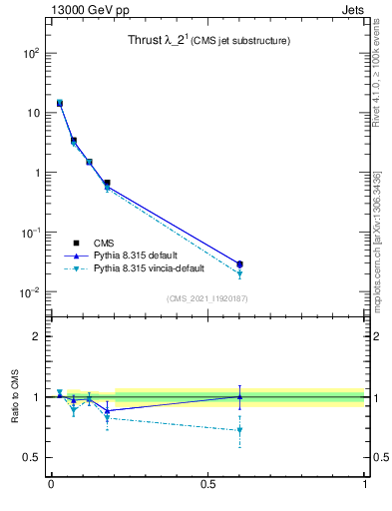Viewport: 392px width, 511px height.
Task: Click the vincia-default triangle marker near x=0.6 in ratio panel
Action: pos(239,431)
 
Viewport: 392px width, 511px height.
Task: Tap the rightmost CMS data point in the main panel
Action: pos(239,264)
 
